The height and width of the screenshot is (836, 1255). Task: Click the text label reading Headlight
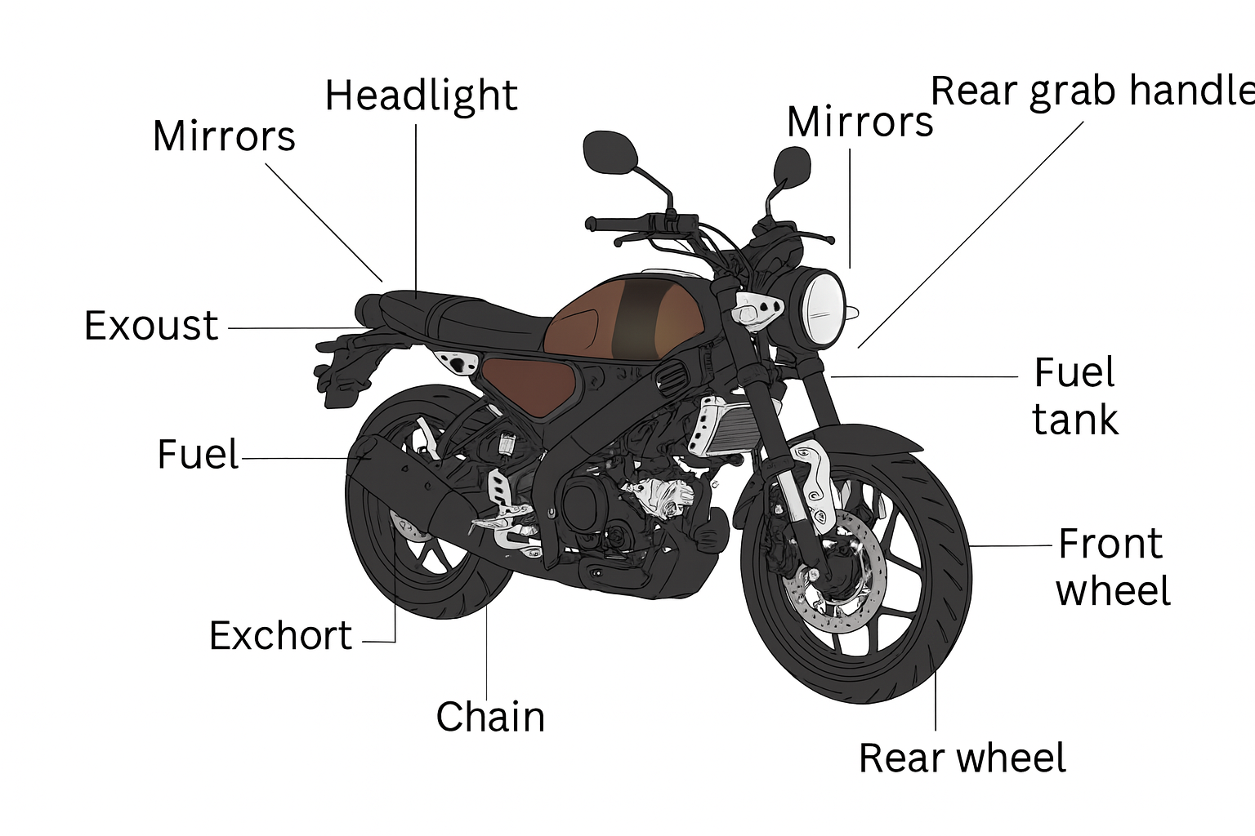point(421,96)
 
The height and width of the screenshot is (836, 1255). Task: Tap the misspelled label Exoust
point(151,326)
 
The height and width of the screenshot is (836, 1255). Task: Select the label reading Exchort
point(280,636)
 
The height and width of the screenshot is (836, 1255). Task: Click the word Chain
point(490,717)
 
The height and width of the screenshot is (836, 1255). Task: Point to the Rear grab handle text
point(1092,91)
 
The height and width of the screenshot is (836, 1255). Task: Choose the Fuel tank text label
point(1074,396)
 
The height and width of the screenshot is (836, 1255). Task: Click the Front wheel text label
point(1112,567)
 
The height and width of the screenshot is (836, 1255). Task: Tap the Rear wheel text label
point(962,758)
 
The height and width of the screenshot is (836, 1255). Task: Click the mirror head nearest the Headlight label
point(610,152)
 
